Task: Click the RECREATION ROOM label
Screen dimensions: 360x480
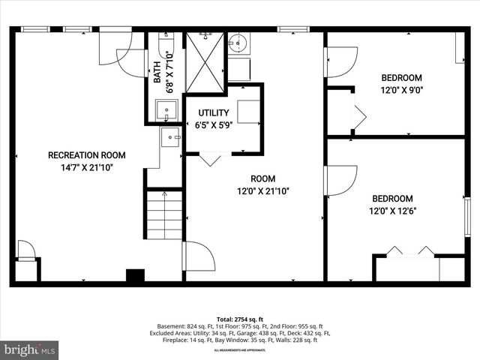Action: (86, 155)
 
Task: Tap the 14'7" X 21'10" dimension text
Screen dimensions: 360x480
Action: (86, 167)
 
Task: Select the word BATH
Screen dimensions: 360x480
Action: (157, 72)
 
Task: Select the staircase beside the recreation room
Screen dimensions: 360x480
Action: (163, 214)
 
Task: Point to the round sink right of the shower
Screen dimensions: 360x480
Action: (238, 42)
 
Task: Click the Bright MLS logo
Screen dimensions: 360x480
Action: (30, 349)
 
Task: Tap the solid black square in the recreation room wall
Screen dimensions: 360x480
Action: (135, 275)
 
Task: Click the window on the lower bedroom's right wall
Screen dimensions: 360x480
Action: (467, 218)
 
